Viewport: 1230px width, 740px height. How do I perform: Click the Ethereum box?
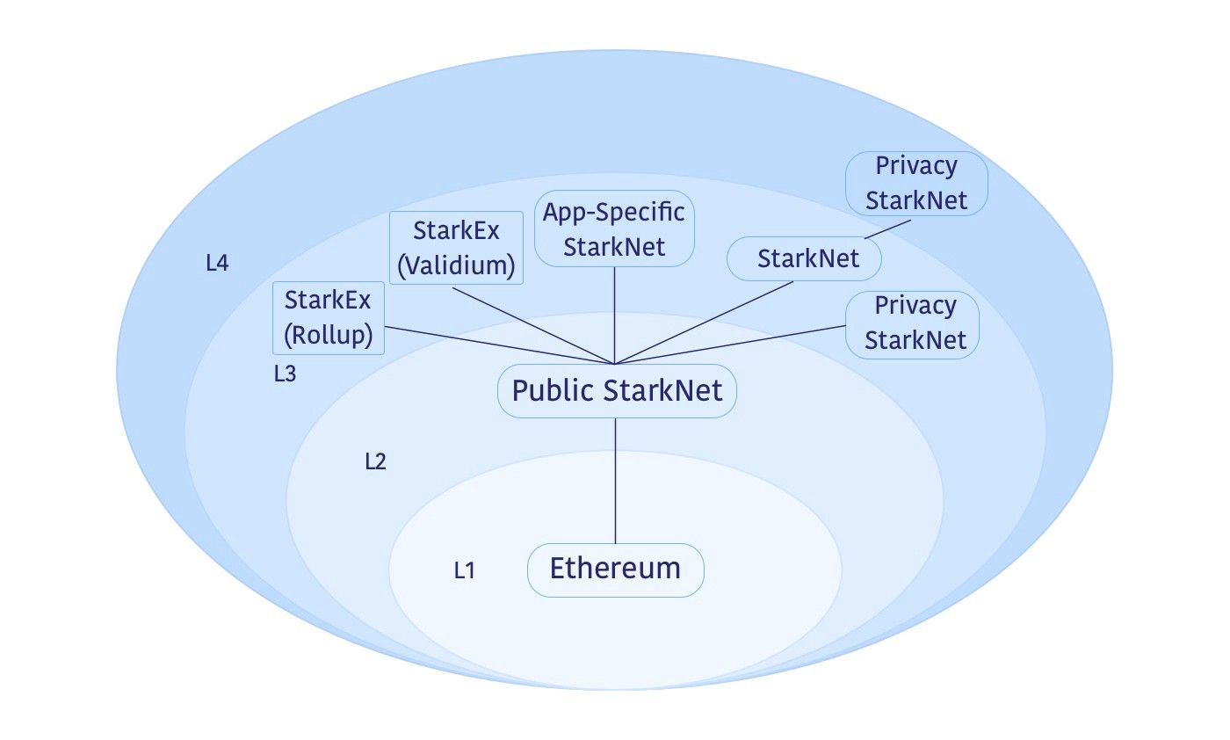615,570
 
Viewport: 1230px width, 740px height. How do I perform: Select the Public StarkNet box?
617,391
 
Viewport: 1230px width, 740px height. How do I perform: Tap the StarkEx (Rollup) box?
329,318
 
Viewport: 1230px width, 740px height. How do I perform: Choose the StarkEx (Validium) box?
456,248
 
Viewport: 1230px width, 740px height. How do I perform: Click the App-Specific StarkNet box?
614,229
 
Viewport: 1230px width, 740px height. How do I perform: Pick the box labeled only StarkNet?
805,259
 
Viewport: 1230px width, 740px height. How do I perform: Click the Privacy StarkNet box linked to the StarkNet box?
916,183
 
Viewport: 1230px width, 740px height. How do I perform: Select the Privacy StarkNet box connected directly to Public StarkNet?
912,323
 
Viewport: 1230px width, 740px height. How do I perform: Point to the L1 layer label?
464,570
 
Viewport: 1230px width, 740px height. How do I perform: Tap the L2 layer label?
375,461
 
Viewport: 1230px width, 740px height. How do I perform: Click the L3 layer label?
285,374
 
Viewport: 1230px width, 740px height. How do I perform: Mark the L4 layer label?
217,263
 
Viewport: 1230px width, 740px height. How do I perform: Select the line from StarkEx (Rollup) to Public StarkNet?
501,345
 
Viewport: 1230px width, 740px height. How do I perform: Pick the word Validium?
456,265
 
